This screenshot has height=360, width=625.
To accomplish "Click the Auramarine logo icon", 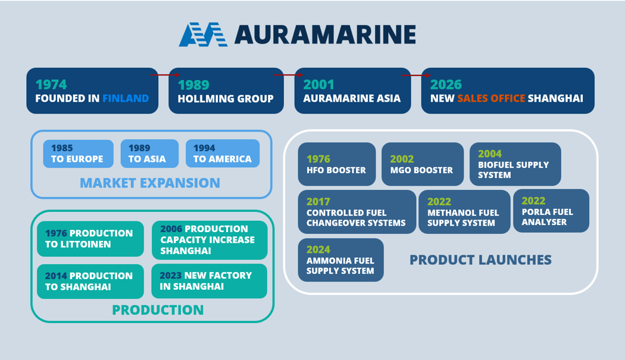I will [203, 35].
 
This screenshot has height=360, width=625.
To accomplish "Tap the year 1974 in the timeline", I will [51, 84].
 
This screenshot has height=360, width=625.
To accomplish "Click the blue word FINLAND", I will [126, 98].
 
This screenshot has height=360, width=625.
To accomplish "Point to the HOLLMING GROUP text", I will [226, 99].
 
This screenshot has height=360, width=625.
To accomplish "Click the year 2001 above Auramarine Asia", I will [318, 84].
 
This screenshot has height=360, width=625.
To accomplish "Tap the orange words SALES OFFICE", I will [491, 98].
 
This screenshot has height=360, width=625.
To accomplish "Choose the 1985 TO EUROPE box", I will [78, 154].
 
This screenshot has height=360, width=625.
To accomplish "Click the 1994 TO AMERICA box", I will [223, 154].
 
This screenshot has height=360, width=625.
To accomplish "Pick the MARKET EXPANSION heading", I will [150, 183].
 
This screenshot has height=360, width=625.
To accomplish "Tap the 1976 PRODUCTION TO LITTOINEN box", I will [90, 239].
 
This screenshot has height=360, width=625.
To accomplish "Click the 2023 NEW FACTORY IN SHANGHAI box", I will [209, 281].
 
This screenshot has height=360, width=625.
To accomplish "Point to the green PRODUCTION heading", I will [158, 310].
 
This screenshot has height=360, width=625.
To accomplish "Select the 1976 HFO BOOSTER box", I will [336, 164].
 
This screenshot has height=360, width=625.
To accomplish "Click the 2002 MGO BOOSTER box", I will [422, 164].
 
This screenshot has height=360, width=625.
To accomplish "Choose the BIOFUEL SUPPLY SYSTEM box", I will [515, 164].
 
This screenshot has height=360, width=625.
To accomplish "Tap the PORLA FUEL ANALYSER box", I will [551, 211].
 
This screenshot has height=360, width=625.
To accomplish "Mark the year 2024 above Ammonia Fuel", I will [318, 249].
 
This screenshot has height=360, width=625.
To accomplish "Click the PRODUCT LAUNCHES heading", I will [480, 260].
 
